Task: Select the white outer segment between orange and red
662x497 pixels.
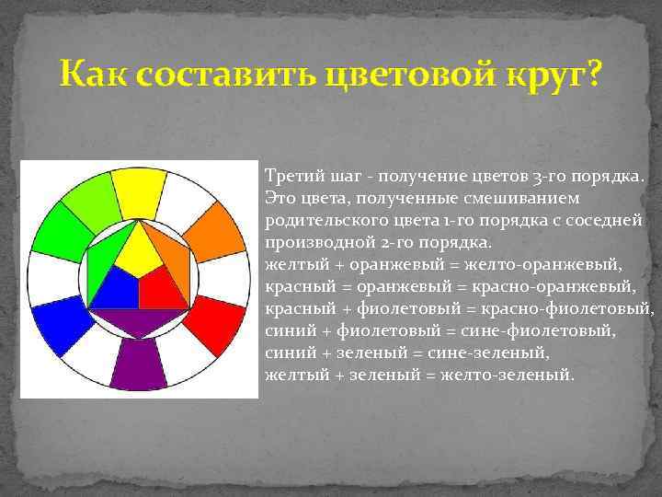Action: coord(230,278)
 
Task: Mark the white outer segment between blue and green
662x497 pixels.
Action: coord(47,278)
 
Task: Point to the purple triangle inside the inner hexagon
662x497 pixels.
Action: coord(138,322)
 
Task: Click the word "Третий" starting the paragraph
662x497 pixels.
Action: coord(288,175)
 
